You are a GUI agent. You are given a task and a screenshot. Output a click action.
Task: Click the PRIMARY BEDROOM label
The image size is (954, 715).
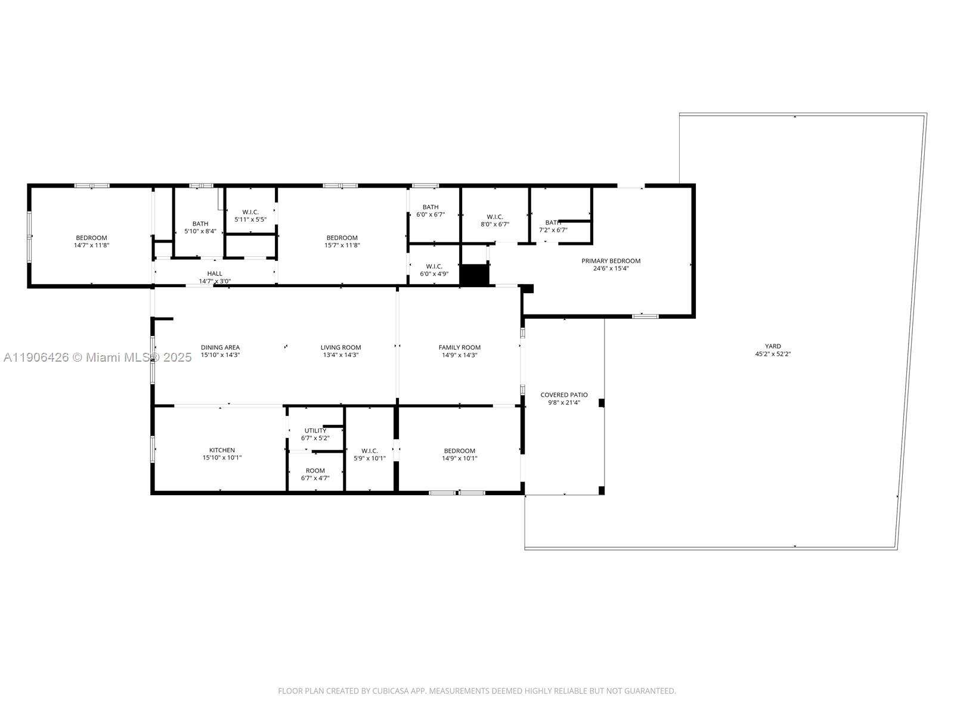click(x=611, y=261)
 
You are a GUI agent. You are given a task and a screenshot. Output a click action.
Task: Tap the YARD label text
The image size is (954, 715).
click(x=773, y=346)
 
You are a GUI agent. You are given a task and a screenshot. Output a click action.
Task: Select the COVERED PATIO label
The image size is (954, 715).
click(x=563, y=395)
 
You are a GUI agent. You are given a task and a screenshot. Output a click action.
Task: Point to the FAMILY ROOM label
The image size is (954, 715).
click(x=459, y=347)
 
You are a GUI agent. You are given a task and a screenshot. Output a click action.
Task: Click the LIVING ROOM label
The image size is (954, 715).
click(x=340, y=347)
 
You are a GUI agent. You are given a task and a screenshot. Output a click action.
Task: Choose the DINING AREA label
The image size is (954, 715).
click(x=220, y=347)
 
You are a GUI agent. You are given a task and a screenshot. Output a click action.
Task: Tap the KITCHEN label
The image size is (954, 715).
click(x=222, y=450)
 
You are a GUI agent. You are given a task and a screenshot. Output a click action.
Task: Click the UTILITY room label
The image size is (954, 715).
click(x=315, y=431)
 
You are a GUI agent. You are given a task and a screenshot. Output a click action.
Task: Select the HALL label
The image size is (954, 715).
click(x=215, y=273)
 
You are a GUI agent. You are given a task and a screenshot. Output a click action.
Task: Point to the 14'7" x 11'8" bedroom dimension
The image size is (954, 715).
click(x=91, y=245)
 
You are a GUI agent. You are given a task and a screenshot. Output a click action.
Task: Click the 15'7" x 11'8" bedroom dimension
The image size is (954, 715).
click(x=342, y=245)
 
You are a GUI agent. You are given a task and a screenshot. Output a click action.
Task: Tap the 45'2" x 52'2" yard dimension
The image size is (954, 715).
click(x=773, y=354)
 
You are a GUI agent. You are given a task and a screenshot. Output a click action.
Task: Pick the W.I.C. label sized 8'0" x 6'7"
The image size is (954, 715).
click(x=495, y=217)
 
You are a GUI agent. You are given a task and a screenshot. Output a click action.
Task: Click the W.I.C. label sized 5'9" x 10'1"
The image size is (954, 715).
click(x=370, y=450)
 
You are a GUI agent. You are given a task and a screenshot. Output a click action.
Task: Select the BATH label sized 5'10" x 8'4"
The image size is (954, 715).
click(x=200, y=223)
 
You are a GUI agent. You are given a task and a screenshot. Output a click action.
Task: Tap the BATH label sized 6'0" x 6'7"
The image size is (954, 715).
click(x=430, y=207)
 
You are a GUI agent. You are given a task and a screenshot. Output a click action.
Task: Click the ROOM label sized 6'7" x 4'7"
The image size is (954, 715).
click(x=315, y=471)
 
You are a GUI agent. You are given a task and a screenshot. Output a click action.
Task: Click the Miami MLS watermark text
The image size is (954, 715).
click(x=97, y=357)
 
